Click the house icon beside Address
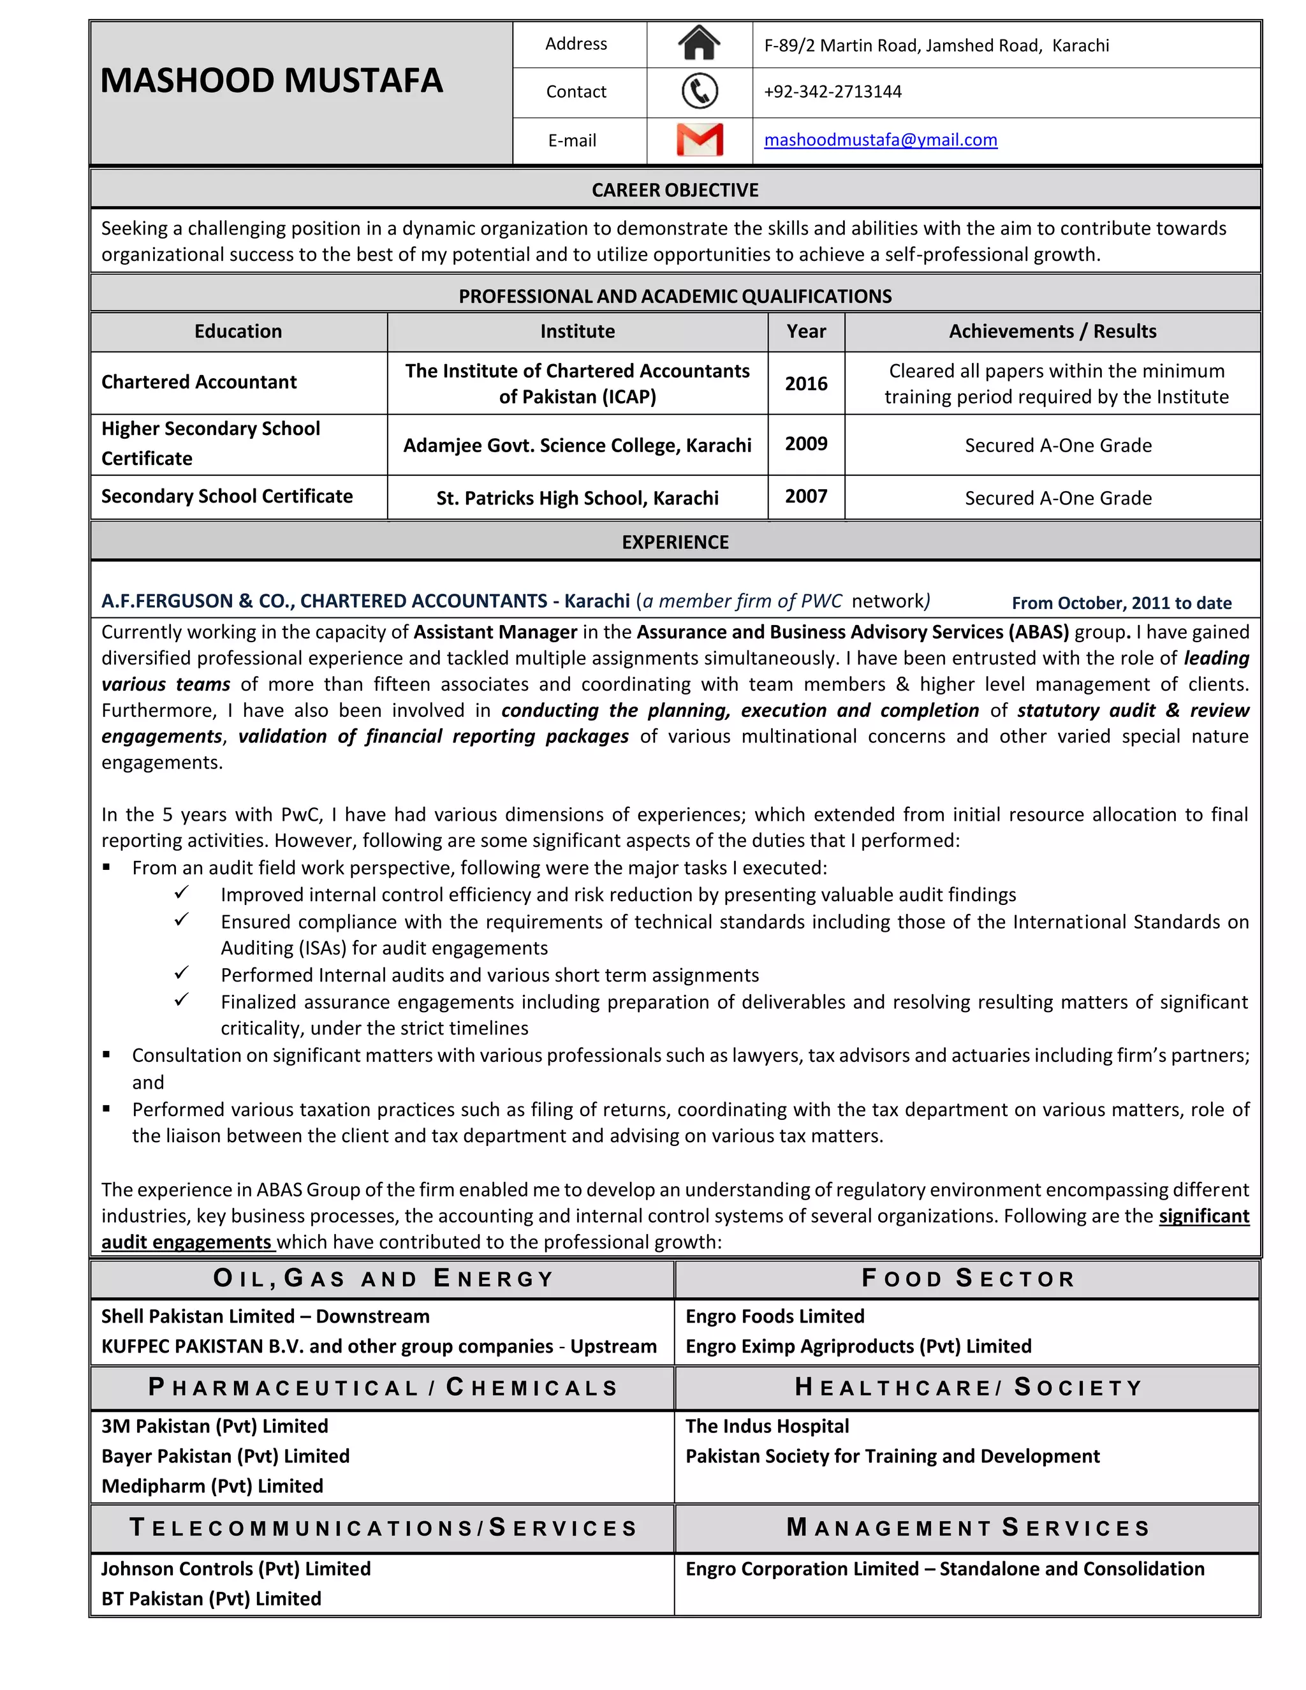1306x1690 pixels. (699, 43)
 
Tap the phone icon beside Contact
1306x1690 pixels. (700, 91)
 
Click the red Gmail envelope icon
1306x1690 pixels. (700, 140)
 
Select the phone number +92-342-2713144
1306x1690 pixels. (832, 92)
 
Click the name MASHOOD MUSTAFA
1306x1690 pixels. (272, 80)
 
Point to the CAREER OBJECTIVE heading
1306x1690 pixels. (675, 190)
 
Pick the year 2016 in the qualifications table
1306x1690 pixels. (805, 384)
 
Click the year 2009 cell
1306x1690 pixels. (805, 444)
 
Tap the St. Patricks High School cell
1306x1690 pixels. (577, 498)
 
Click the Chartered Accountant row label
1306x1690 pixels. (199, 382)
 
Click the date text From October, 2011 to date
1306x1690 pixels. (1121, 603)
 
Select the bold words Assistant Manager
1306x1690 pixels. (495, 632)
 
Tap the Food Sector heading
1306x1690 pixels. (968, 1278)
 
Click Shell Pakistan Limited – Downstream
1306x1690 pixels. (265, 1317)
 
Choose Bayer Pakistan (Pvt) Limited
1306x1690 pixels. (225, 1457)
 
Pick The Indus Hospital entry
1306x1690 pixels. (767, 1426)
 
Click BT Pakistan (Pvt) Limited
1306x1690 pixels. (211, 1599)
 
